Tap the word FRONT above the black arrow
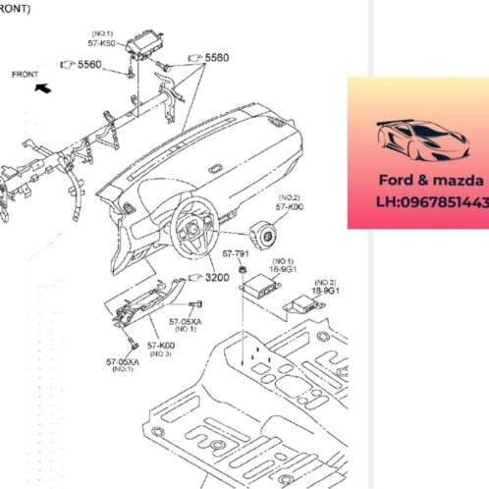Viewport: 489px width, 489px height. (26, 74)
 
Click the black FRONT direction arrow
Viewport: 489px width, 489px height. (41, 87)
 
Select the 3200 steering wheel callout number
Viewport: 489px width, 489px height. (215, 278)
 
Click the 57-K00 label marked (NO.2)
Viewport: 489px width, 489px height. (289, 208)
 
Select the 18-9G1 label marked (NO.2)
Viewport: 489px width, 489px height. (325, 291)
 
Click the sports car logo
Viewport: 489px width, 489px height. (417, 142)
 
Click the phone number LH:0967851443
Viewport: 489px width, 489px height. (422, 201)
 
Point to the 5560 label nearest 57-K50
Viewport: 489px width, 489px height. (89, 64)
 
